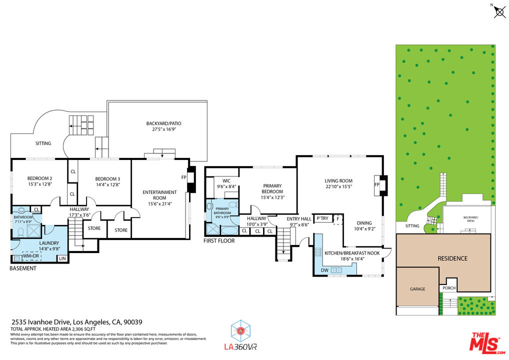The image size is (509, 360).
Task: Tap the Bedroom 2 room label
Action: pos(40,178)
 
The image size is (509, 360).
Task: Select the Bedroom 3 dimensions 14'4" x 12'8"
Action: pos(107,184)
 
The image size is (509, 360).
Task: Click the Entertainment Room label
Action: pos(159,195)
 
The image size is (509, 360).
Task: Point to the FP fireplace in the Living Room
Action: pos(377,184)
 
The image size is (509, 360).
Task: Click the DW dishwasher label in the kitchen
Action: pos(324,270)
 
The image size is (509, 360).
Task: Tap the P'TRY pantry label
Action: pos(322,218)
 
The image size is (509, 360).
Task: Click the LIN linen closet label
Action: pos(62,258)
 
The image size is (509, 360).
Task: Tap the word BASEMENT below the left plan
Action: pos(23,268)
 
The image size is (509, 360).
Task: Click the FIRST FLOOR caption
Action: pos(219,241)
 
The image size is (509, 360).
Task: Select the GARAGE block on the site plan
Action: pos(417,288)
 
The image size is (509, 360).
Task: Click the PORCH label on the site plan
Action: pos(448,287)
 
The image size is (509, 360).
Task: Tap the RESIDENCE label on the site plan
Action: pos(452,258)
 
